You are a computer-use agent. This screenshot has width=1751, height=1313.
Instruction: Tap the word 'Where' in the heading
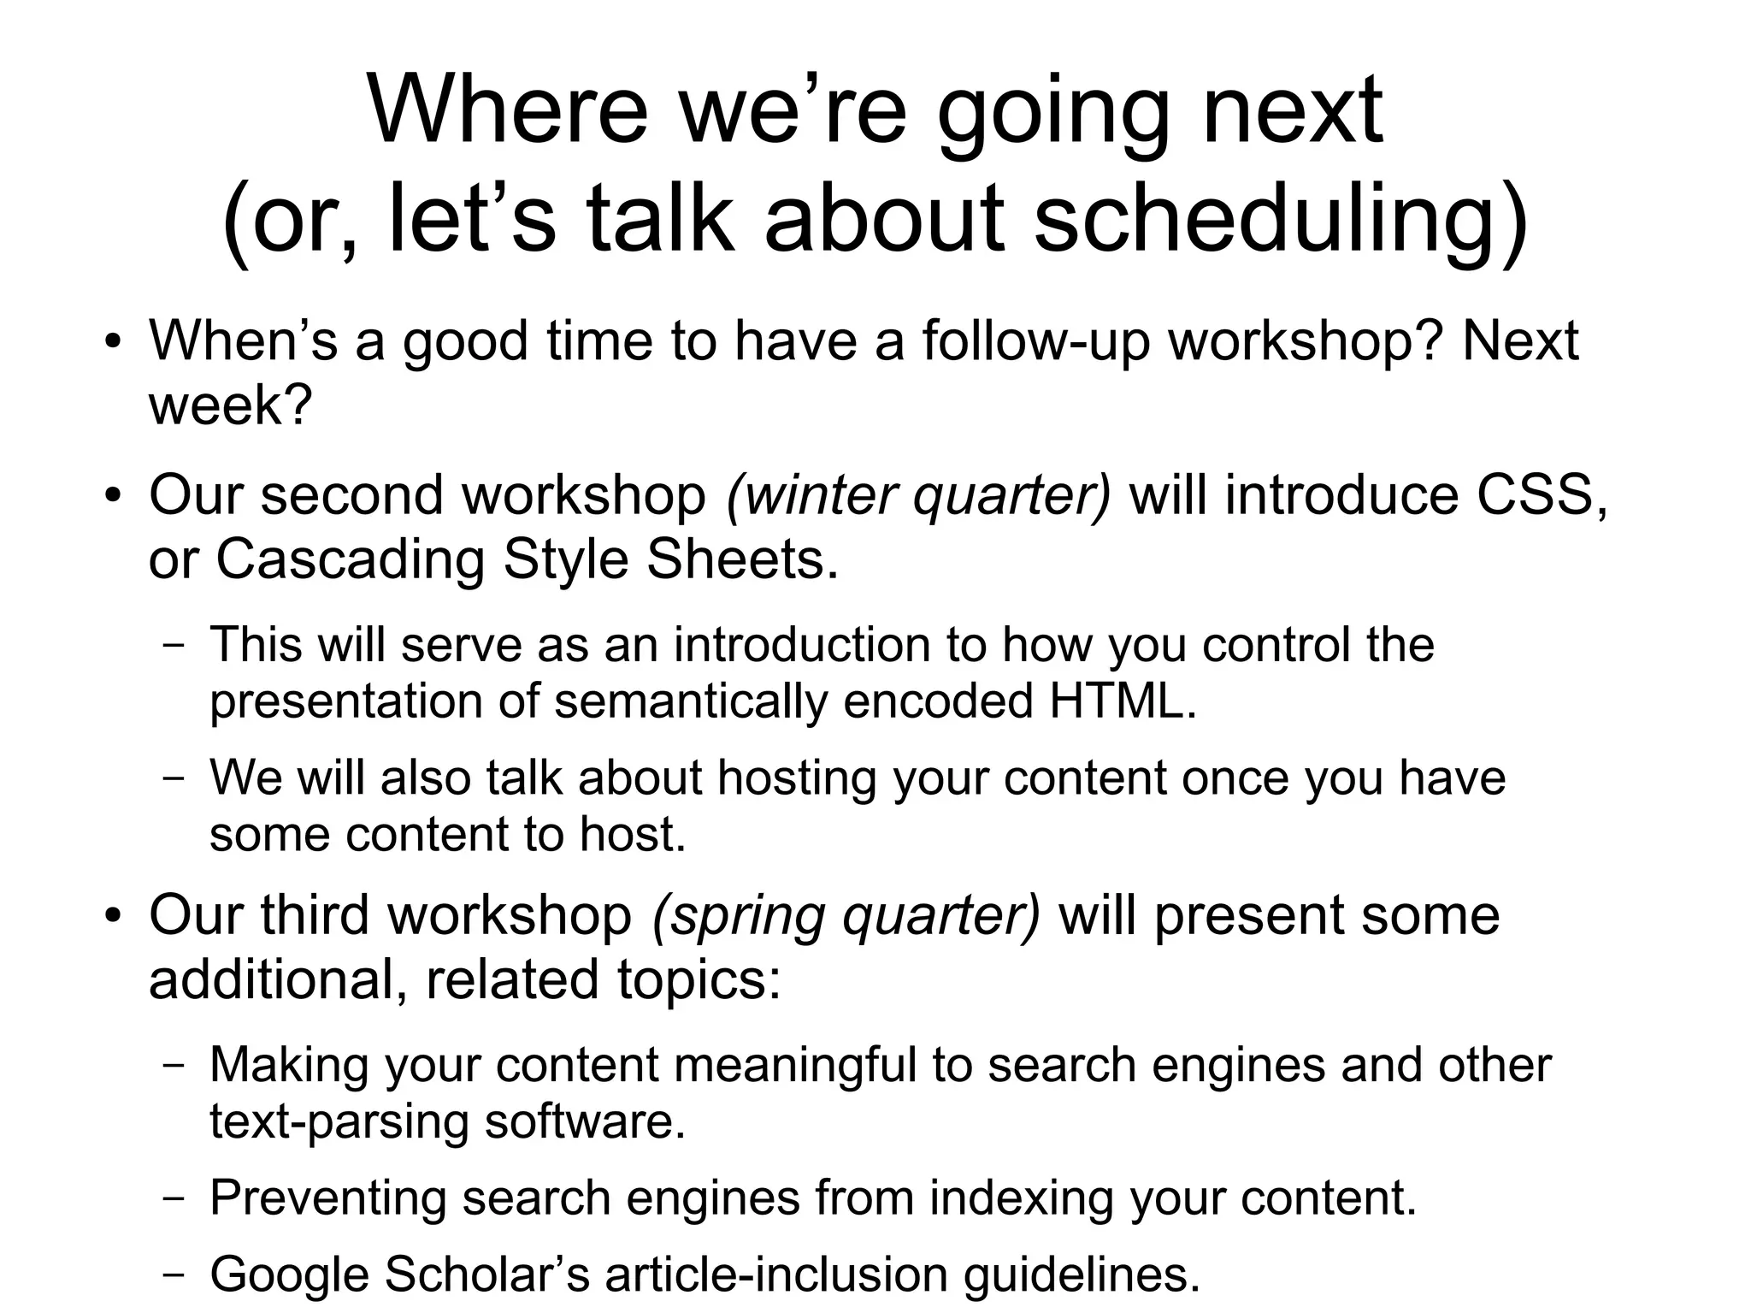point(508,111)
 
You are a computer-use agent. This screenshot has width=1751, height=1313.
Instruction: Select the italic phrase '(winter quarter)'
point(919,495)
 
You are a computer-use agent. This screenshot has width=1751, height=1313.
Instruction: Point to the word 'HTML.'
point(1123,701)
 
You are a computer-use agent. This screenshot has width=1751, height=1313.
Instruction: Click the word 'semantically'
point(691,701)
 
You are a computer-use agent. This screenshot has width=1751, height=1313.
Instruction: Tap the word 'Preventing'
point(327,1198)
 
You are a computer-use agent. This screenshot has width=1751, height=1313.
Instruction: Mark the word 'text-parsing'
point(339,1121)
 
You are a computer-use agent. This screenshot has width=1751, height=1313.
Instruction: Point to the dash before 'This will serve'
point(174,646)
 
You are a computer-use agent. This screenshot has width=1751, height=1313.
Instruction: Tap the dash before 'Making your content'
point(174,1066)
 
